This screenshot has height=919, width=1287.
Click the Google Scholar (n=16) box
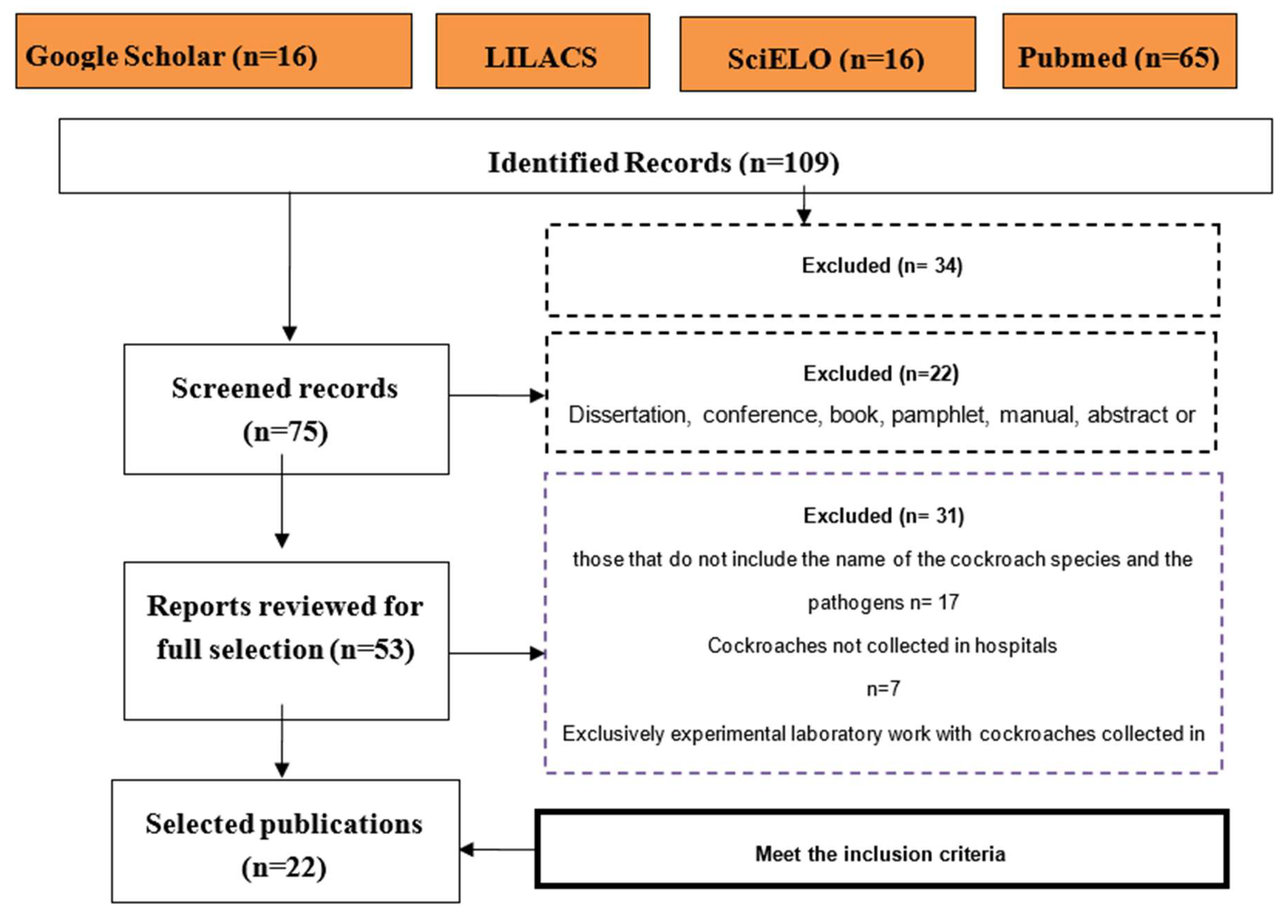click(x=213, y=51)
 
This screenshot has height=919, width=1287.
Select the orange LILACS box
click(x=542, y=51)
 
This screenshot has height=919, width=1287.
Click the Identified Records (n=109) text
click(x=663, y=162)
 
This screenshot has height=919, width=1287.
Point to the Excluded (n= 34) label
click(x=881, y=265)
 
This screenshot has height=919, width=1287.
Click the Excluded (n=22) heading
click(x=881, y=373)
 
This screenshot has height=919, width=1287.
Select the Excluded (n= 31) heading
click(x=883, y=516)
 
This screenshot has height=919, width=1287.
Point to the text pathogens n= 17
click(x=883, y=602)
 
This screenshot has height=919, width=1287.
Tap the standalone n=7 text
click(x=883, y=689)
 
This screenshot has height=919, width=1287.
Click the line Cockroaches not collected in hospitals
click(x=881, y=646)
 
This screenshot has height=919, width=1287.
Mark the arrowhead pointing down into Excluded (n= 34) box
click(x=804, y=216)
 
